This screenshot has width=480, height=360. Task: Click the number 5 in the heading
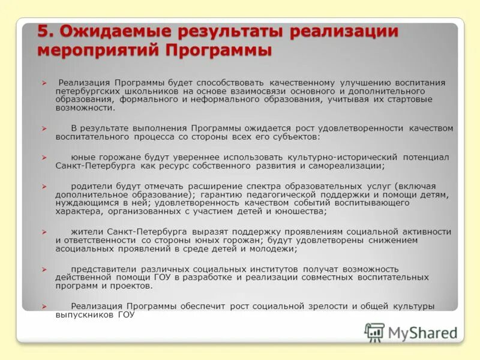tap(43, 31)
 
